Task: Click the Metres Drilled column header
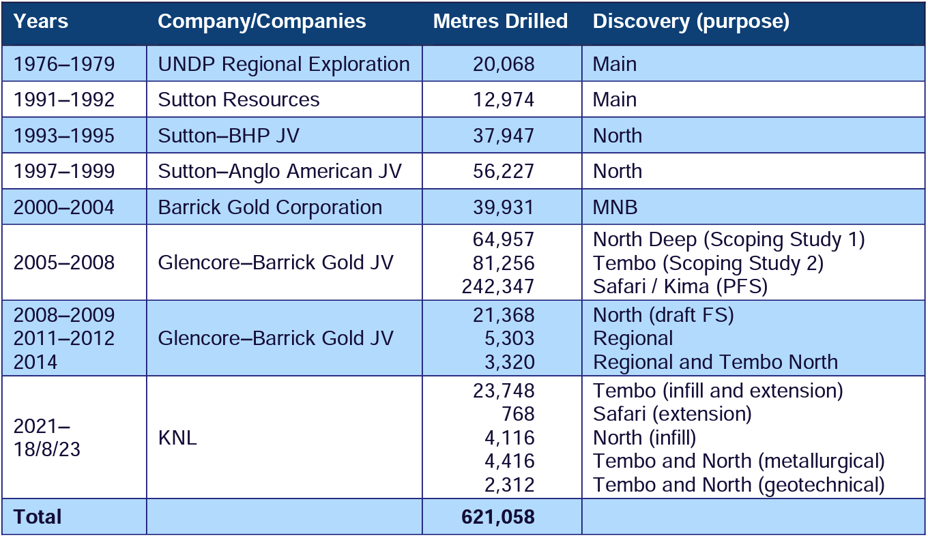(x=500, y=22)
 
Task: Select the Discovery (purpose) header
(x=691, y=22)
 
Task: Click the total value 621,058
(x=497, y=517)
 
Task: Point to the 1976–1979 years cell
(x=64, y=64)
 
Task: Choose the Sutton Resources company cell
(x=239, y=100)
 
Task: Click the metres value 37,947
(x=504, y=136)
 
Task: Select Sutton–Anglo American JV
(x=280, y=171)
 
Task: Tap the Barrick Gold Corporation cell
(x=270, y=207)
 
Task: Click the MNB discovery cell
(x=615, y=207)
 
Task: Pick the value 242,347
(x=498, y=286)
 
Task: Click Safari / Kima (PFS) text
(x=680, y=286)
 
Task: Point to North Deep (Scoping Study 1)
(x=729, y=239)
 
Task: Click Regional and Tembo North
(x=715, y=361)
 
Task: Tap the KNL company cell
(x=177, y=438)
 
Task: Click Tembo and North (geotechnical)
(x=738, y=485)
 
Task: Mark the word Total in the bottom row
(x=38, y=517)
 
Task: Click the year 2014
(x=36, y=361)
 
